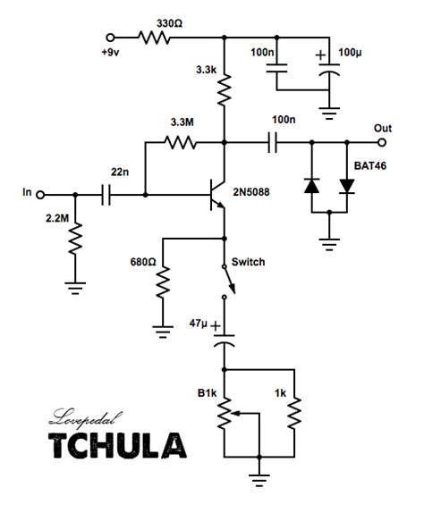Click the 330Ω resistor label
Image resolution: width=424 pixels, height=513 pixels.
pos(169,23)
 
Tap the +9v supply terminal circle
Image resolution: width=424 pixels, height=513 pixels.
pos(111,38)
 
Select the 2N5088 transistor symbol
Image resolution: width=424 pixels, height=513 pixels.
pos(217,195)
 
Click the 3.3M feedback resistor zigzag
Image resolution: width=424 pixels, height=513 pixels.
pos(181,143)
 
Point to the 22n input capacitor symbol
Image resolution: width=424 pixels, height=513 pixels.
pos(106,195)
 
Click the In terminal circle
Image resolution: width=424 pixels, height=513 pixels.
pos(40,195)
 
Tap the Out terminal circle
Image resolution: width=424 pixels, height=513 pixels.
pos(381,143)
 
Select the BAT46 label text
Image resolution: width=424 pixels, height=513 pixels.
pos(370,165)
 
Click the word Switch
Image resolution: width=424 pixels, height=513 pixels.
pos(248,262)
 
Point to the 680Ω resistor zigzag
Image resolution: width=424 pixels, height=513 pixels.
pos(163,282)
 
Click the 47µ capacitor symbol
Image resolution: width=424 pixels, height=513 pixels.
pos(225,341)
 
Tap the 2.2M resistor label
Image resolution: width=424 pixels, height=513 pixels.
pos(57,218)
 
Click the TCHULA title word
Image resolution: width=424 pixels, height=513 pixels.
pos(117,445)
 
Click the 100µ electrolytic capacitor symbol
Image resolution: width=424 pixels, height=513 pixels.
pos(329,70)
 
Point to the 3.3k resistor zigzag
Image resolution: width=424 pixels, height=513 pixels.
pos(225,89)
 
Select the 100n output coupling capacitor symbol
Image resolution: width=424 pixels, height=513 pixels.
pos(273,143)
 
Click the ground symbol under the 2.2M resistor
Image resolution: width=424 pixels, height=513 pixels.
pos(75,288)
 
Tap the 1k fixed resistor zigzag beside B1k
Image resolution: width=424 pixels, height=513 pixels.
pos(294,413)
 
